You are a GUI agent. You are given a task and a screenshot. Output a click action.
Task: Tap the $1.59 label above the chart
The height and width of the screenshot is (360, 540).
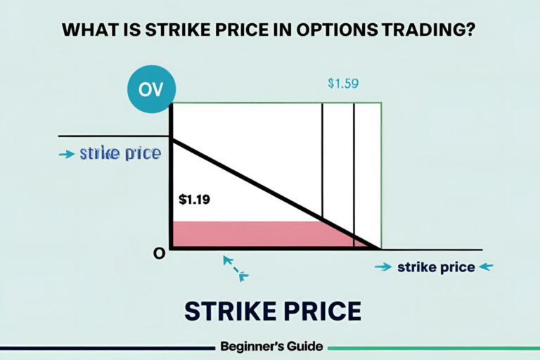click(x=343, y=83)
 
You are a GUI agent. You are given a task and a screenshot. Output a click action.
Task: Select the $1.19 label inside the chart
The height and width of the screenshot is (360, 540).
click(x=193, y=199)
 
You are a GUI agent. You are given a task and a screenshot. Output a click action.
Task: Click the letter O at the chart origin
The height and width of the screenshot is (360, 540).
click(x=159, y=253)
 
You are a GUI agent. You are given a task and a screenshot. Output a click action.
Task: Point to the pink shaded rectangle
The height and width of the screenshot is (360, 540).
click(x=246, y=235)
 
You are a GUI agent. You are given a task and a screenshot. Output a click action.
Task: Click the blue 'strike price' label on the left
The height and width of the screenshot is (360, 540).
click(x=120, y=153)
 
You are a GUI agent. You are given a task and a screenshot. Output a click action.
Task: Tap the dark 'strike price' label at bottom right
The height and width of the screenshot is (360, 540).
click(x=435, y=267)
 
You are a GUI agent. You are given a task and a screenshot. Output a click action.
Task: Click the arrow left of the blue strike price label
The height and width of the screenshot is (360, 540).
click(x=67, y=154)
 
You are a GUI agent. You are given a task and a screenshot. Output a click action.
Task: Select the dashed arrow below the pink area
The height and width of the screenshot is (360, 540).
click(x=235, y=268)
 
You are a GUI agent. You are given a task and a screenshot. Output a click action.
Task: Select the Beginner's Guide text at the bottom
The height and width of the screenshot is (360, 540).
click(x=271, y=346)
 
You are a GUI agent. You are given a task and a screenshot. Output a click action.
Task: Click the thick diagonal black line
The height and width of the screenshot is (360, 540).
click(x=274, y=193)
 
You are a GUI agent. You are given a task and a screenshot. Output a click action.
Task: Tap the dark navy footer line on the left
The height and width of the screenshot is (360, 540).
click(x=105, y=347)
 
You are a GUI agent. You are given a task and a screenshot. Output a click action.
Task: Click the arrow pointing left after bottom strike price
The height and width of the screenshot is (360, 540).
click(x=487, y=267)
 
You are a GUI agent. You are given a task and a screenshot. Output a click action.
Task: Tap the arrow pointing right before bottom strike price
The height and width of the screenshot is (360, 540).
click(x=383, y=267)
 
